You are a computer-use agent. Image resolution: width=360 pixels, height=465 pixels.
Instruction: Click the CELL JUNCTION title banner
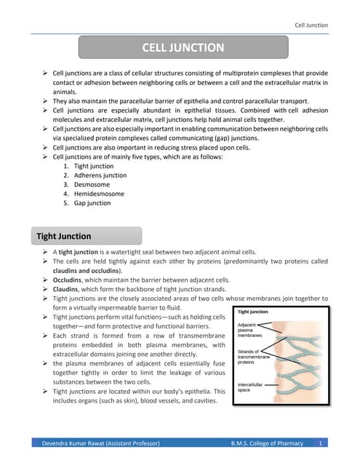point(183,48)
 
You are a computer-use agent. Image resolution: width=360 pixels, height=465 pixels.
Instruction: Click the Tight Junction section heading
point(64,236)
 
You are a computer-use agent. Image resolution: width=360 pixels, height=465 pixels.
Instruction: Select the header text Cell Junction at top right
point(311,25)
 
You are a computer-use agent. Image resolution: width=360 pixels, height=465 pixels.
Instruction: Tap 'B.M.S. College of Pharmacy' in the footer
point(266,442)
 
